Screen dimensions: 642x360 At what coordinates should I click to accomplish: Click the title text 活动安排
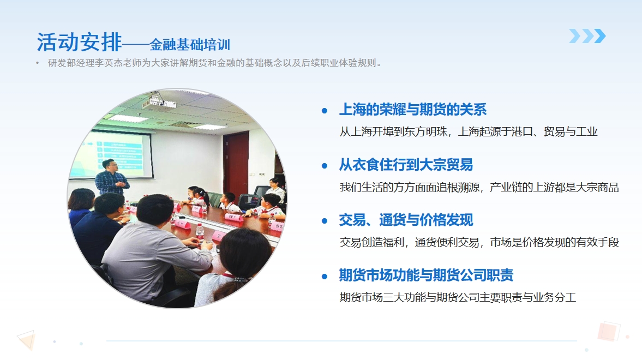[x=79, y=42]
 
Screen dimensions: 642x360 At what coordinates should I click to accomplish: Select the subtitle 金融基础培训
[x=190, y=44]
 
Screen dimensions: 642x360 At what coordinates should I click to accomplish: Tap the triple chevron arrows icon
[x=587, y=36]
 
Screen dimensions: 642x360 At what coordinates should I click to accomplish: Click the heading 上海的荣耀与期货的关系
[x=413, y=109]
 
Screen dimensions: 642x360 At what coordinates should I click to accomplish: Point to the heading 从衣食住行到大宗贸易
[x=406, y=165]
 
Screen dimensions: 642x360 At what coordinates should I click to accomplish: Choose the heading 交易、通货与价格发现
[x=406, y=220]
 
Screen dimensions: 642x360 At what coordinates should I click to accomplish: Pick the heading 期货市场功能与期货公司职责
[x=426, y=275]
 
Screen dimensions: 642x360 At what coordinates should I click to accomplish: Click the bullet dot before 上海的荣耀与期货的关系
[x=325, y=111]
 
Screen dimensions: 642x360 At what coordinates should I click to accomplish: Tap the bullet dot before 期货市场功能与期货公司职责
[x=325, y=277]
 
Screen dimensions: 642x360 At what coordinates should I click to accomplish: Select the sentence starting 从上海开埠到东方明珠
[x=469, y=131]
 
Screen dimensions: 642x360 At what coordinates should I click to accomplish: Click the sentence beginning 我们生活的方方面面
[x=479, y=187]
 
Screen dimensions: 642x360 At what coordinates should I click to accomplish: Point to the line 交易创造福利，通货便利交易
[x=479, y=242]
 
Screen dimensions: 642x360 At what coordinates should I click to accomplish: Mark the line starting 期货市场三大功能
[x=458, y=297]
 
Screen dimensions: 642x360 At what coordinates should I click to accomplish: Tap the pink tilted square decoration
[x=608, y=331]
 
